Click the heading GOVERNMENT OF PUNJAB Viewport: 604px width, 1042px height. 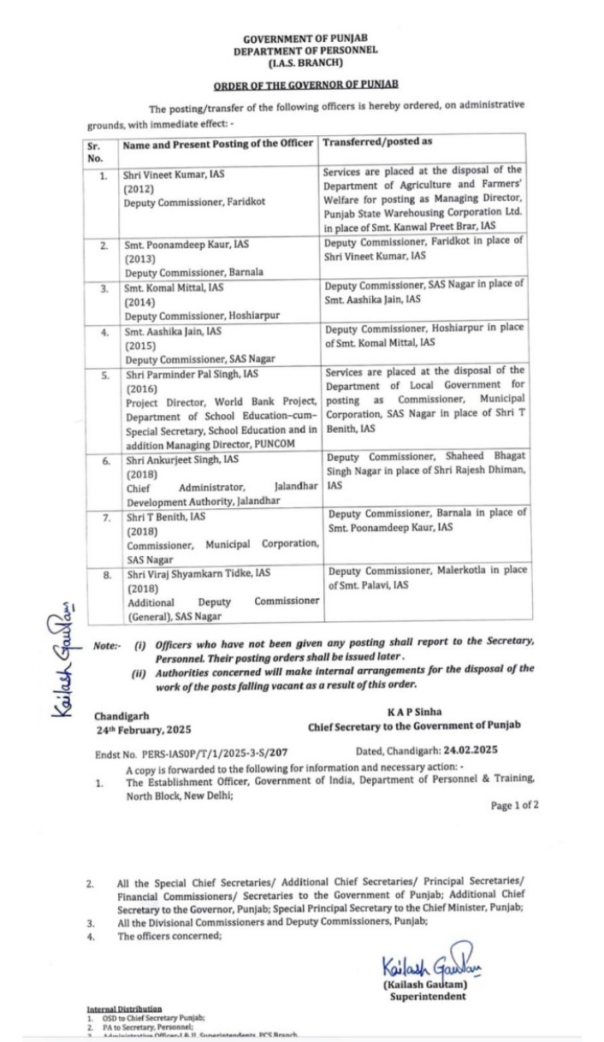305,39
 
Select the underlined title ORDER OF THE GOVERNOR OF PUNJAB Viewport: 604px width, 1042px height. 305,86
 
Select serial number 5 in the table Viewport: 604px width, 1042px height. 103,375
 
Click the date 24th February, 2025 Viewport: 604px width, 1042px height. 144,730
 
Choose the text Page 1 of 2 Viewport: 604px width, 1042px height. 514,805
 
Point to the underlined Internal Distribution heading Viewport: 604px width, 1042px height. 124,1009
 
